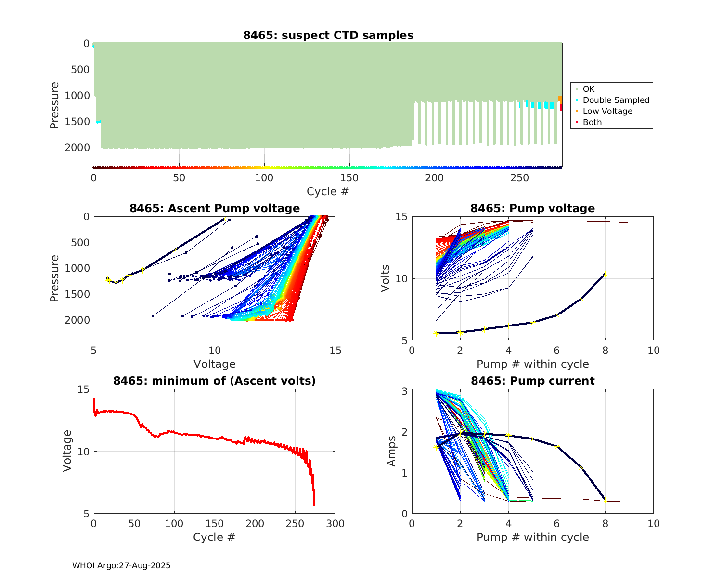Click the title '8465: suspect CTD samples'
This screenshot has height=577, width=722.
(328, 35)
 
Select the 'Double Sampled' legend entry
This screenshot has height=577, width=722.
(616, 100)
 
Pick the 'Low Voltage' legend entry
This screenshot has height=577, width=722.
(607, 111)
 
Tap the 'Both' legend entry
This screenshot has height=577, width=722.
(592, 122)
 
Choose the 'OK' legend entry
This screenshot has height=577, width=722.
(588, 89)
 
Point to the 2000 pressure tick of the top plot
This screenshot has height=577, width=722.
(77, 147)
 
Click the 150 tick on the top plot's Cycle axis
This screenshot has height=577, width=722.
(349, 178)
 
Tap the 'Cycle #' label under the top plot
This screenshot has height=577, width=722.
(328, 191)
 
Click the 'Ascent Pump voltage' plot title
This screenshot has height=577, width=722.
(215, 208)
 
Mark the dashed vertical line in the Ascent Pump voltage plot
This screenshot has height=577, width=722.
(142, 298)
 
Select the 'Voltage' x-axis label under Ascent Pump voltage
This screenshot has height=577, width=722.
(215, 364)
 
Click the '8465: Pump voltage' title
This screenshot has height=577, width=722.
(532, 208)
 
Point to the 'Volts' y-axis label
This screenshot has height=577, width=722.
(386, 279)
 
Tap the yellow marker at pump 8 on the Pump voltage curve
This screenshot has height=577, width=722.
(605, 275)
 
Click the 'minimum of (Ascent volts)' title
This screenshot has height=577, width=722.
(215, 381)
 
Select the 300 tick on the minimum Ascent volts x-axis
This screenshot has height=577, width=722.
(335, 524)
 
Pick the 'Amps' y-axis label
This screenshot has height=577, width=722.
(392, 451)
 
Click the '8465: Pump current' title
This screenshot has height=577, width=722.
(532, 381)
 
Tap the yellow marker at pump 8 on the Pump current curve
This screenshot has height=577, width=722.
(605, 500)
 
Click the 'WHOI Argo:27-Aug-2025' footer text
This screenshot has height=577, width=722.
(121, 565)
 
